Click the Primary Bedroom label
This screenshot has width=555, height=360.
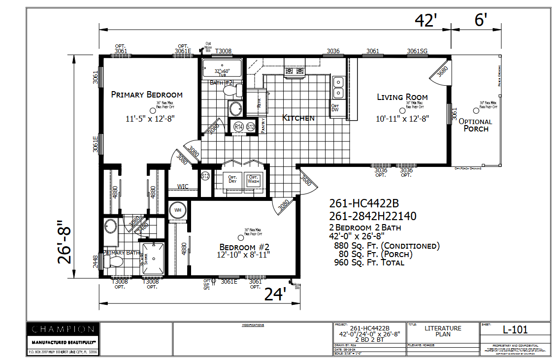click(x=147, y=95)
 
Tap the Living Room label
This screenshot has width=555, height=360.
click(x=402, y=97)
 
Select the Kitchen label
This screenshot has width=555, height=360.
click(x=298, y=118)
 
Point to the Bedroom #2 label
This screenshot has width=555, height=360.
click(x=244, y=247)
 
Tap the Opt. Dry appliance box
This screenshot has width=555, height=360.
click(x=233, y=179)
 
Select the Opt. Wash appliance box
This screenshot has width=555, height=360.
click(x=254, y=179)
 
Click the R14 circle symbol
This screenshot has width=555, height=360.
click(x=239, y=127)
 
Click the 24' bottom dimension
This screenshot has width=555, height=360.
click(x=275, y=294)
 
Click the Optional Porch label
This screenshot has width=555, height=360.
click(x=475, y=125)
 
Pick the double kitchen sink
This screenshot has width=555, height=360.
click(x=338, y=88)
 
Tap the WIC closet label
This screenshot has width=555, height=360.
click(x=183, y=187)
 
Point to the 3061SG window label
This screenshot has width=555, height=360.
click(x=417, y=51)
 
